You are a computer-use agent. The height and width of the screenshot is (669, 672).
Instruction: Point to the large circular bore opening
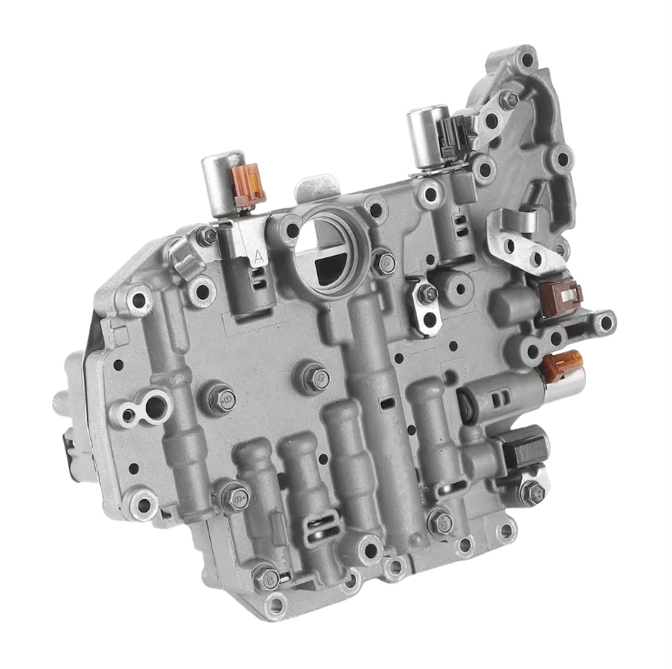coord(325,243)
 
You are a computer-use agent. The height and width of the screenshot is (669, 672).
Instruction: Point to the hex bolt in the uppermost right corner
coord(507,99)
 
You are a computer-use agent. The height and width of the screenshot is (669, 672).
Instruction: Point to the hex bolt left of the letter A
coord(209,237)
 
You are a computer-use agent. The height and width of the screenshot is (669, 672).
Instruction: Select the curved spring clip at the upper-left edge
coord(186,264)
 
